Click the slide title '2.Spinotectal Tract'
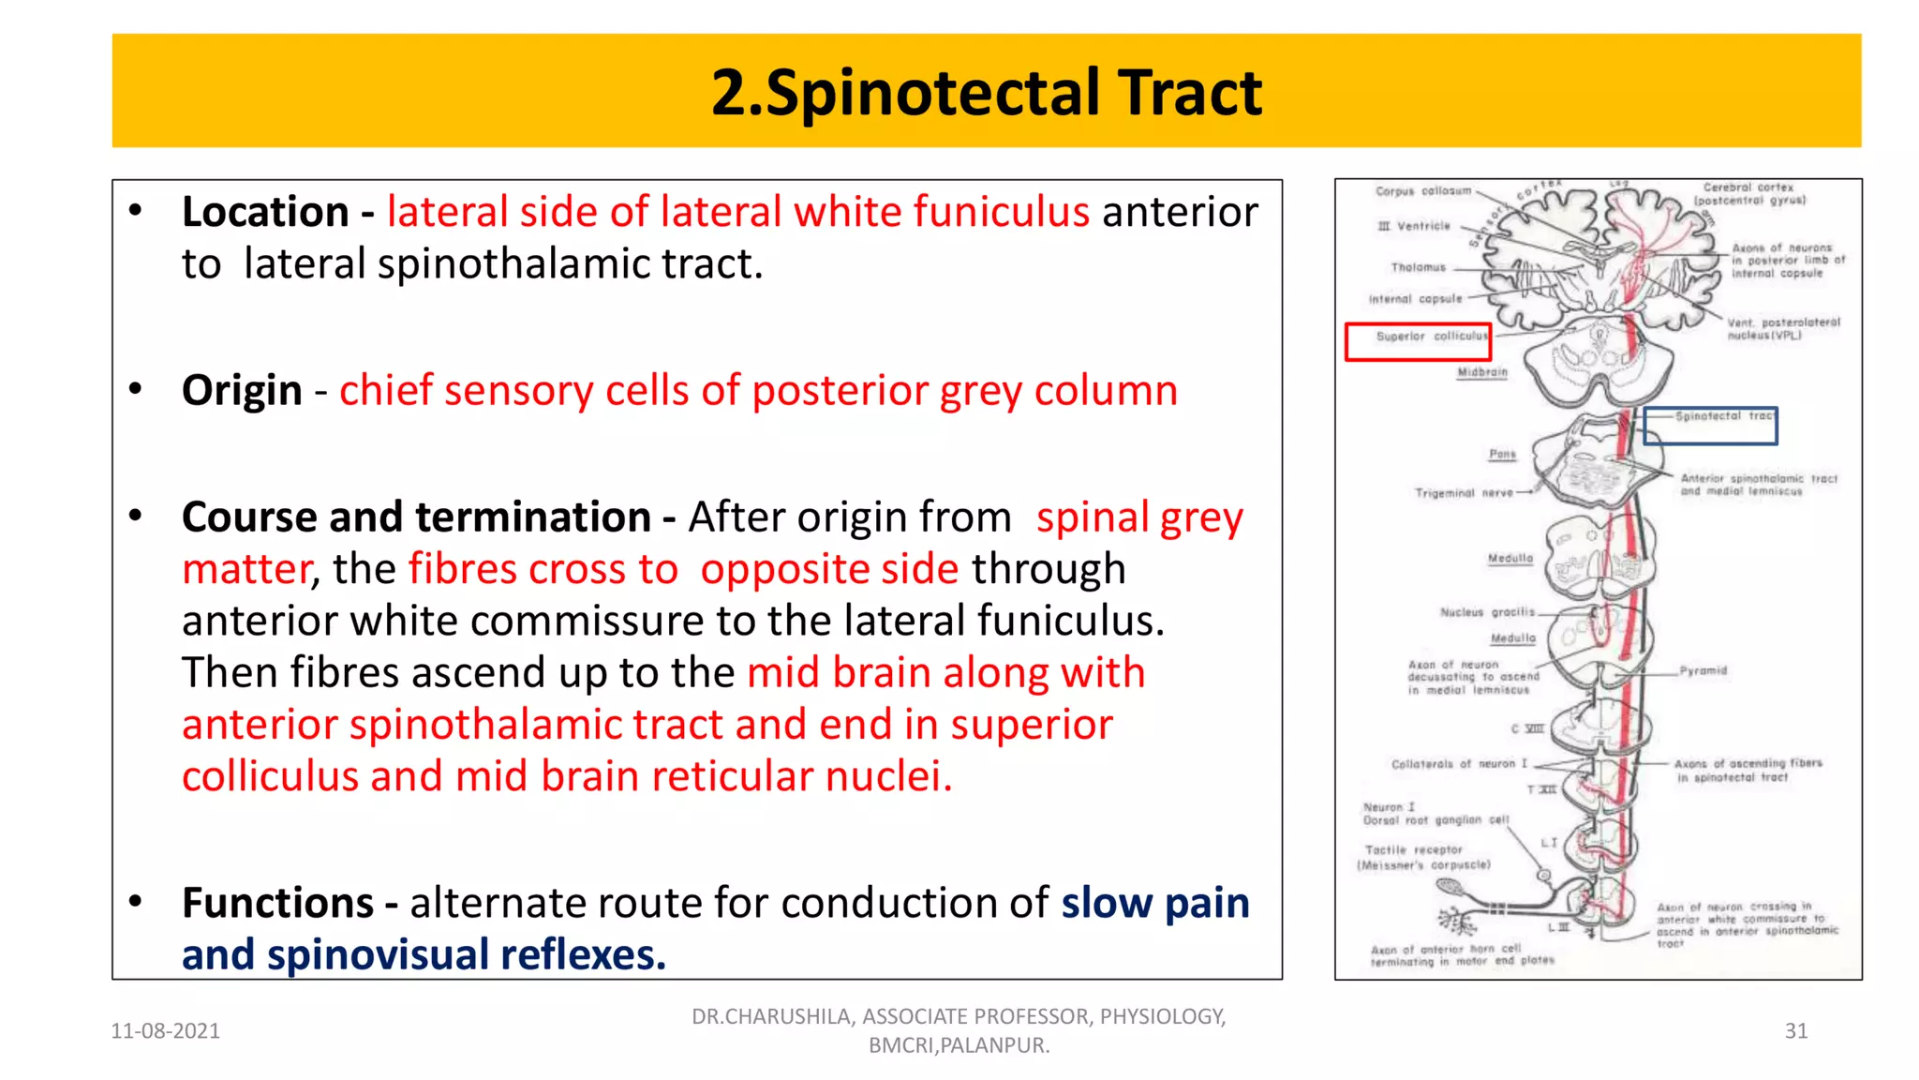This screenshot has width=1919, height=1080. pos(986,93)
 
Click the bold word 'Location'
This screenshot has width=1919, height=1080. pos(265,212)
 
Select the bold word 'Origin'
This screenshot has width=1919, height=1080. pos(242,390)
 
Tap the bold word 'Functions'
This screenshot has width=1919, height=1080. pos(277,903)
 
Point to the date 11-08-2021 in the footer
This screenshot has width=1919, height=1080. pos(165,1030)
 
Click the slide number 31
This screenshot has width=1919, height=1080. pos(1795,1030)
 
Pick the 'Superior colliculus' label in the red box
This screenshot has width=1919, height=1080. pos(1431,337)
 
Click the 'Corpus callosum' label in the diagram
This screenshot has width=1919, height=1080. pos(1422,191)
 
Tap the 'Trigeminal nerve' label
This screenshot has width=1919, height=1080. pos(1463,493)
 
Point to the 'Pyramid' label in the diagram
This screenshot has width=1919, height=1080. pos(1703,671)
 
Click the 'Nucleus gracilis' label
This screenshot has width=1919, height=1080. pos(1487,613)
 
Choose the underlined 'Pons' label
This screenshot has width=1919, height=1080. pos(1502,455)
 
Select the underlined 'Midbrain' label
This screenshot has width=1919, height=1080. pos(1482,373)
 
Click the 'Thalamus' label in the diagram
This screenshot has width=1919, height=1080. pos(1418,268)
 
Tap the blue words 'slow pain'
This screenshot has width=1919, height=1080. pos(1154,903)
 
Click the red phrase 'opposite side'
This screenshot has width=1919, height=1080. pos(829,569)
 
